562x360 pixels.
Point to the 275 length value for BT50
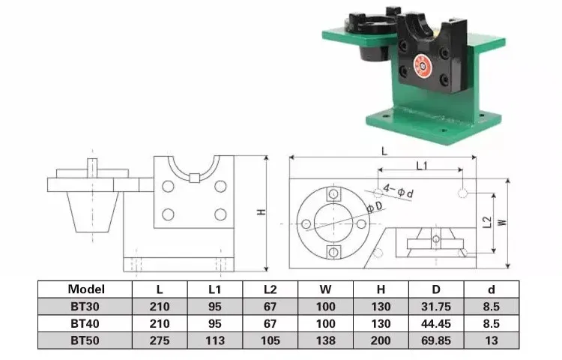(x=160, y=340)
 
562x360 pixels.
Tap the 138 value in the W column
(x=325, y=340)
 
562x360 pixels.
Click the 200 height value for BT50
(x=381, y=340)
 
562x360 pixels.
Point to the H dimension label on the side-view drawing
(x=261, y=212)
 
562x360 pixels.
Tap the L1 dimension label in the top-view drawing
(x=421, y=164)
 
